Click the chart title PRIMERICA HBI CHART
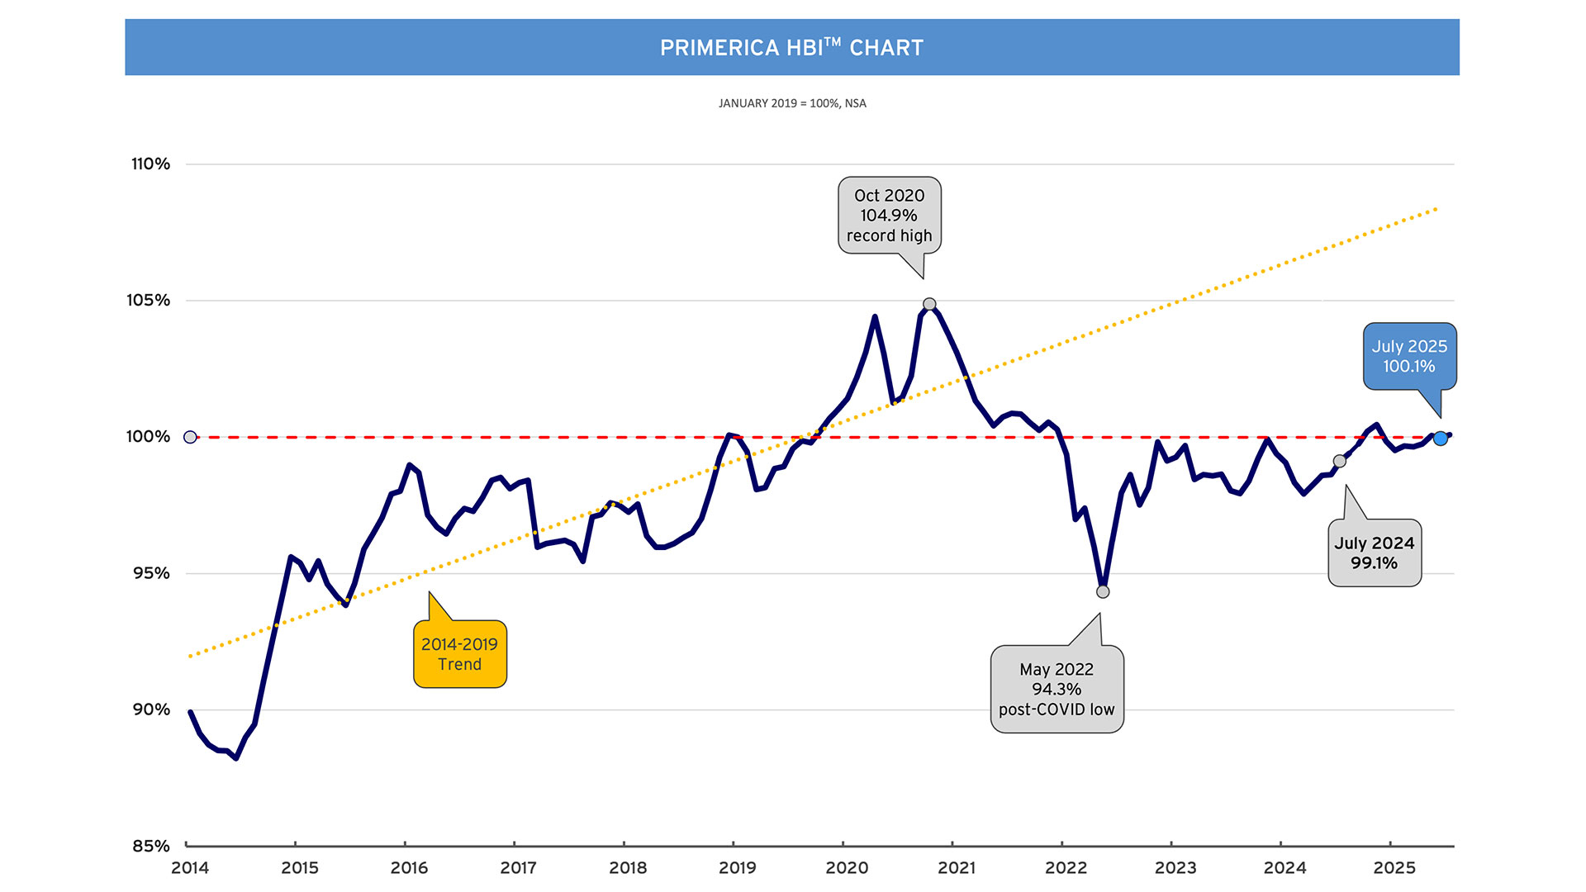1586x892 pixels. click(791, 48)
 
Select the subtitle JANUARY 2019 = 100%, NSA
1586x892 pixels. click(792, 103)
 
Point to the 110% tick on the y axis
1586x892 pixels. click(150, 164)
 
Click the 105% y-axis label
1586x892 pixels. click(149, 301)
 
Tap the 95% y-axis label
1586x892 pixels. click(151, 573)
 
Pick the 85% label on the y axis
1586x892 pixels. click(151, 846)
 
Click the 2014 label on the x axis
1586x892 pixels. click(190, 868)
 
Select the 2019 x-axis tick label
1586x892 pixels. click(737, 868)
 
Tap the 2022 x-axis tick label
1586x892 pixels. click(1066, 868)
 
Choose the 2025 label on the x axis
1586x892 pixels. click(1394, 868)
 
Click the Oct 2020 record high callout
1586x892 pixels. click(890, 216)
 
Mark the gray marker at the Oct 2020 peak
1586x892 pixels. click(929, 305)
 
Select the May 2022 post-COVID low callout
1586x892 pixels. click(1057, 690)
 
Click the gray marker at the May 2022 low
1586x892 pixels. click(1103, 591)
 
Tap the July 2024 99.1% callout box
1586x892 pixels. click(1375, 553)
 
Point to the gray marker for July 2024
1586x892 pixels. click(1340, 461)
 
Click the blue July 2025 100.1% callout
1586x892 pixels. click(1409, 357)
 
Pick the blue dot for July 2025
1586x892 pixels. click(1441, 439)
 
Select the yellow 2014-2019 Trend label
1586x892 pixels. click(459, 654)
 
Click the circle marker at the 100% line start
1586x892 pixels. click(190, 437)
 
